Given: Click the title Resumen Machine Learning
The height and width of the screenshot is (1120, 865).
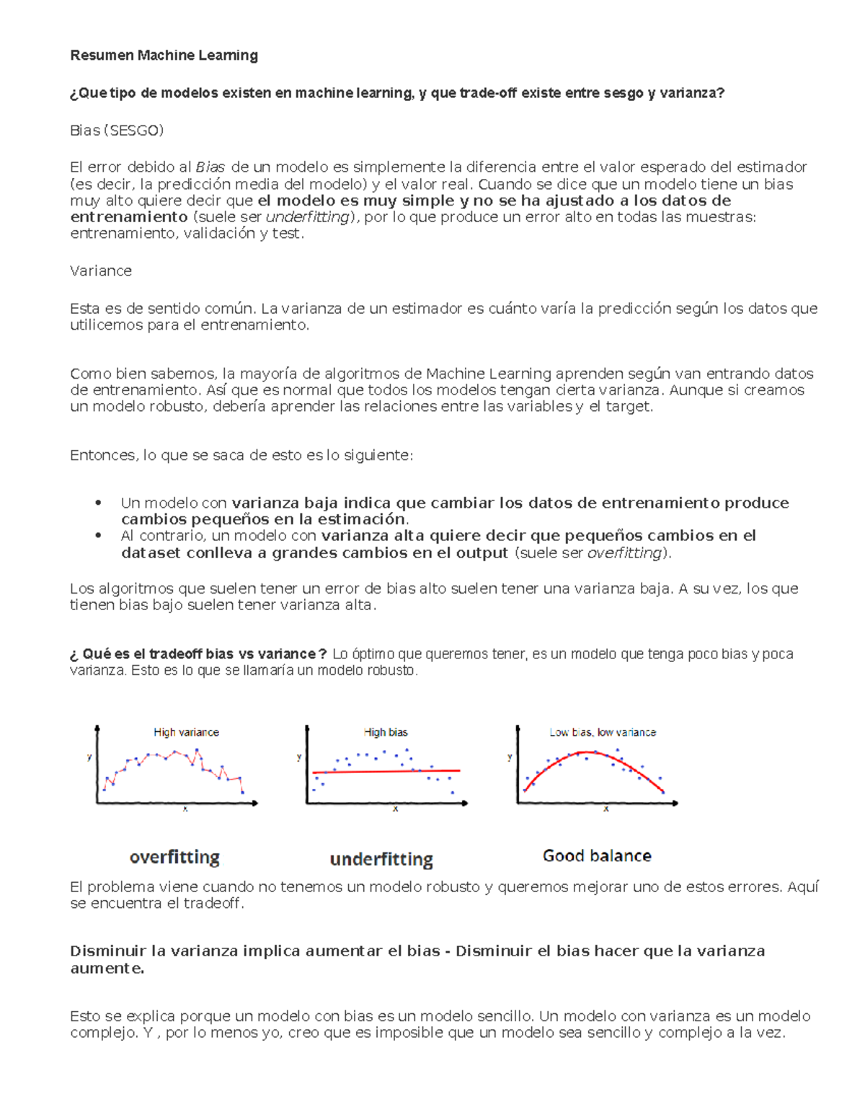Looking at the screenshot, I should click(x=164, y=56).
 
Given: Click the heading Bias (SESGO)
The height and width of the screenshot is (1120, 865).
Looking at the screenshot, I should click(x=117, y=131).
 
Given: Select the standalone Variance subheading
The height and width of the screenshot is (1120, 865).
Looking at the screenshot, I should click(x=101, y=271).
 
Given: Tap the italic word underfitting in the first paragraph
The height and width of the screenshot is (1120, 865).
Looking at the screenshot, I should click(x=308, y=217).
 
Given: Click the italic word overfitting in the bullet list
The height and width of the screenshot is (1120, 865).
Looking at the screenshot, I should click(x=625, y=553).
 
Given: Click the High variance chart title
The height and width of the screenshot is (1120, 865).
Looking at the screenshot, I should click(x=186, y=733).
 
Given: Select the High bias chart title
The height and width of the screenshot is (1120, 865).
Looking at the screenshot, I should click(x=386, y=733).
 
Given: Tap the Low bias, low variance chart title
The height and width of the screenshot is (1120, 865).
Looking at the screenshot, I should click(x=603, y=733).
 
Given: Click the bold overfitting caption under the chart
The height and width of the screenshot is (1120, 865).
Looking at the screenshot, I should click(x=174, y=857).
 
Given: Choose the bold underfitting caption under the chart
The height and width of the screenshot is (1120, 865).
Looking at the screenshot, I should click(x=381, y=860).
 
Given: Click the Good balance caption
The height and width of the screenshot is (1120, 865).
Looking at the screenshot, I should click(x=597, y=856).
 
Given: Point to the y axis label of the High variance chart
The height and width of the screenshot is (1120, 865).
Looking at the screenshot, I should click(x=89, y=757).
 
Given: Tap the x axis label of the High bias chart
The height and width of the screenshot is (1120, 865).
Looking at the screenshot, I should click(x=395, y=810).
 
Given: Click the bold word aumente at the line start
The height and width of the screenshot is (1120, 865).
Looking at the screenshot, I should click(x=107, y=969).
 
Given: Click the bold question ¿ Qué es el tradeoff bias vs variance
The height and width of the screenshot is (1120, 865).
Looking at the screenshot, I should click(x=198, y=654).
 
